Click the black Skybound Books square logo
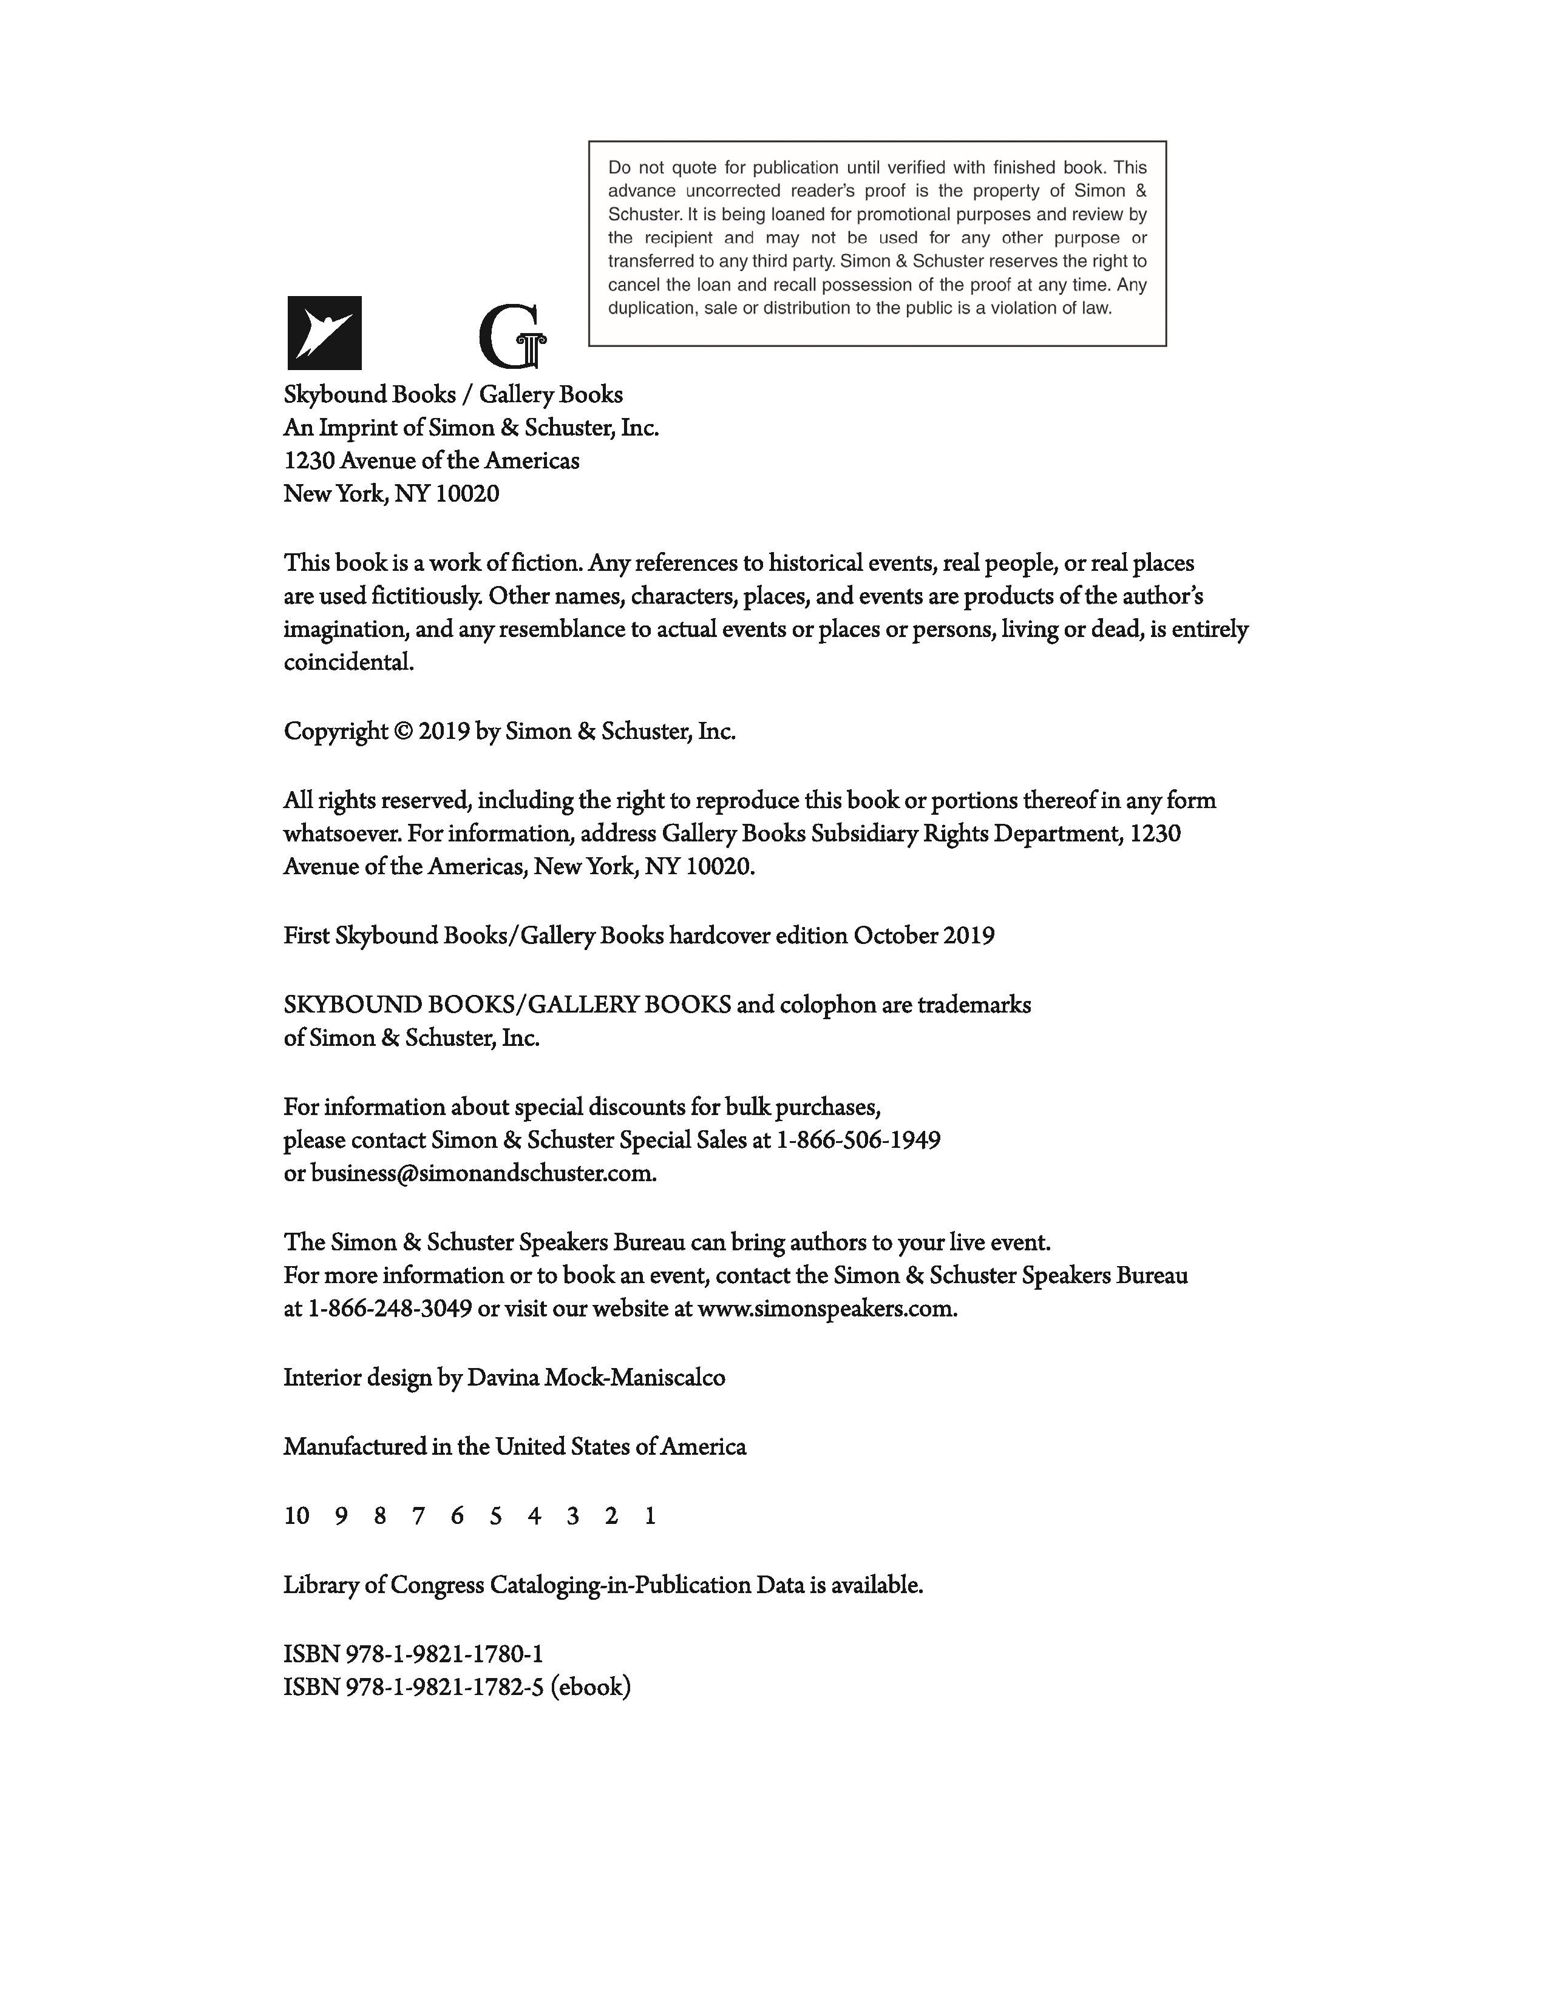point(325,332)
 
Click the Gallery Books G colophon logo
point(512,337)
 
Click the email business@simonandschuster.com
point(483,1173)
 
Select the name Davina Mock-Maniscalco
point(596,1378)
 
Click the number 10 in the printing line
point(296,1516)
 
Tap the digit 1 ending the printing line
point(650,1516)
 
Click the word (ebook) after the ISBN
point(591,1688)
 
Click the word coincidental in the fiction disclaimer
point(348,662)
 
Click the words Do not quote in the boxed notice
point(653,168)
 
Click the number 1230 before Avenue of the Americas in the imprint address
point(309,460)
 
